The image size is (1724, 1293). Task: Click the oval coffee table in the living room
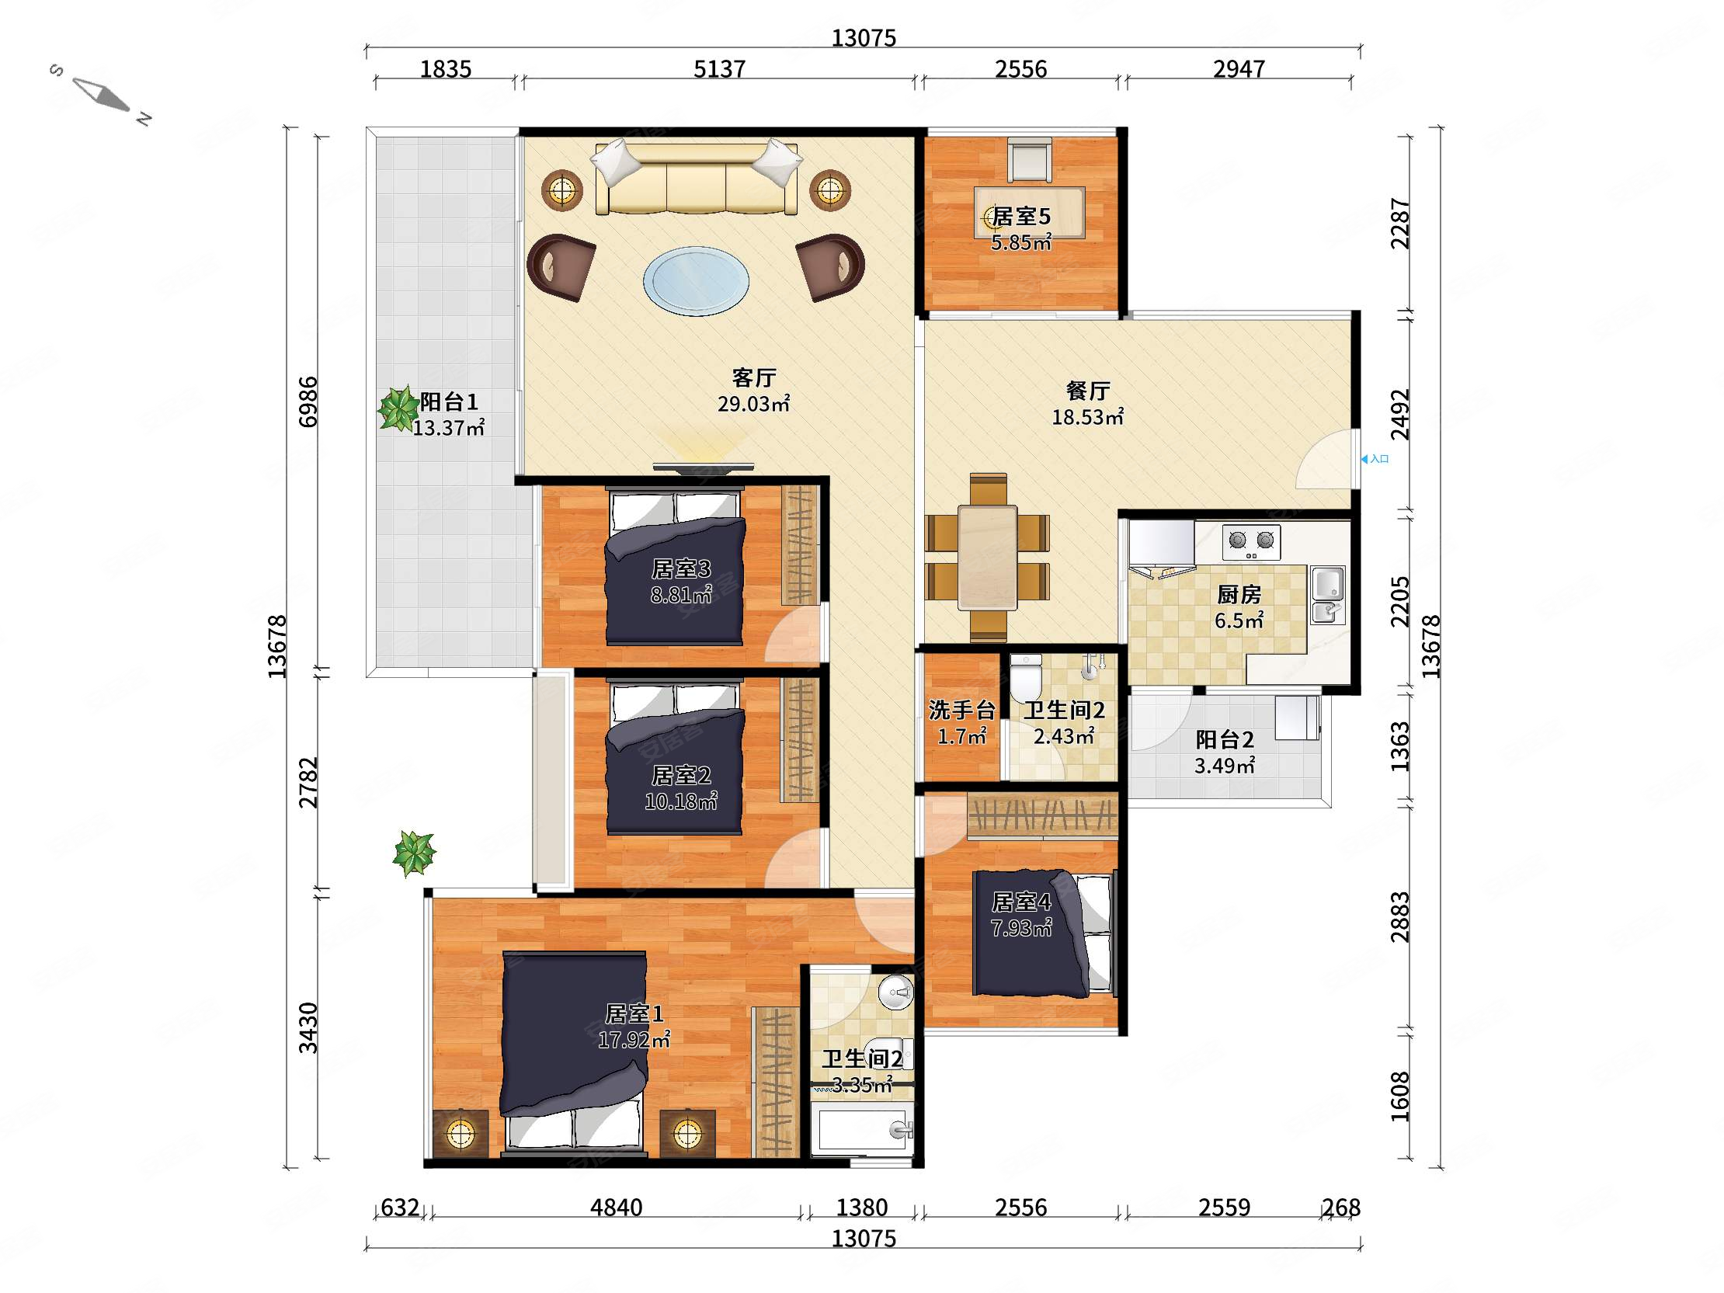coord(696,280)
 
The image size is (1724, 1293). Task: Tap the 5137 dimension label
coord(719,69)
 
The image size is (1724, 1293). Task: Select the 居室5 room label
coord(1021,217)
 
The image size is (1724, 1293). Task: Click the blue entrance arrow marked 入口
coord(1364,459)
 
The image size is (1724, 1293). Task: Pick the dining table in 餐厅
coord(988,558)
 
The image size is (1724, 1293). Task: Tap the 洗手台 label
coord(961,710)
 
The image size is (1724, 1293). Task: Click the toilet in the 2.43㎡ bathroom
coord(1025,676)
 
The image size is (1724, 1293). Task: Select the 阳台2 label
coord(1225,739)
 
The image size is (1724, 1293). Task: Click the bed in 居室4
coord(1044,933)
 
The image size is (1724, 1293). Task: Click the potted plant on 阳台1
coord(398,408)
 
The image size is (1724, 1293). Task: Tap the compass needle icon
coord(101,94)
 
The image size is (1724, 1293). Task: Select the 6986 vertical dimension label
coord(308,401)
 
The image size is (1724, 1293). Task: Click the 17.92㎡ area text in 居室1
coord(634,1040)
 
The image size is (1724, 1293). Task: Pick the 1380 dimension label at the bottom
coord(862,1208)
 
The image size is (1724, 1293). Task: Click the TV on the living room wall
coord(704,468)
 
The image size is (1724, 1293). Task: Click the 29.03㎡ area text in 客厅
coord(753,404)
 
